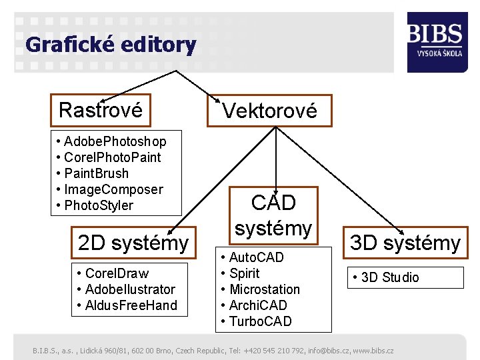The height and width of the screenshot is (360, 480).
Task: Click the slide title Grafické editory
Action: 111,45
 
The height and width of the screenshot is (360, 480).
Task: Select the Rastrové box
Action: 101,110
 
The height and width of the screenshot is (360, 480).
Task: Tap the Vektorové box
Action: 270,111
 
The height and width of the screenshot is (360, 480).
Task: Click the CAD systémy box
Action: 273,215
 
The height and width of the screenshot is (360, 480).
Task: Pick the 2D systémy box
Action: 133,243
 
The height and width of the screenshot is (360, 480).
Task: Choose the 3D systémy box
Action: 405,243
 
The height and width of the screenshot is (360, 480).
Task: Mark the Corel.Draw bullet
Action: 113,273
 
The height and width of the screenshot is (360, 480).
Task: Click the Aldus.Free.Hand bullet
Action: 127,305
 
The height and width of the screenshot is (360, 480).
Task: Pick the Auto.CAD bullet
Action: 256,257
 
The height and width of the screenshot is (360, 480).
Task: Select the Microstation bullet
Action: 264,289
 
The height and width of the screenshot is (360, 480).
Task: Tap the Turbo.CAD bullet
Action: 260,321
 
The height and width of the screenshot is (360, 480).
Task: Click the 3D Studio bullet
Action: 390,277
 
